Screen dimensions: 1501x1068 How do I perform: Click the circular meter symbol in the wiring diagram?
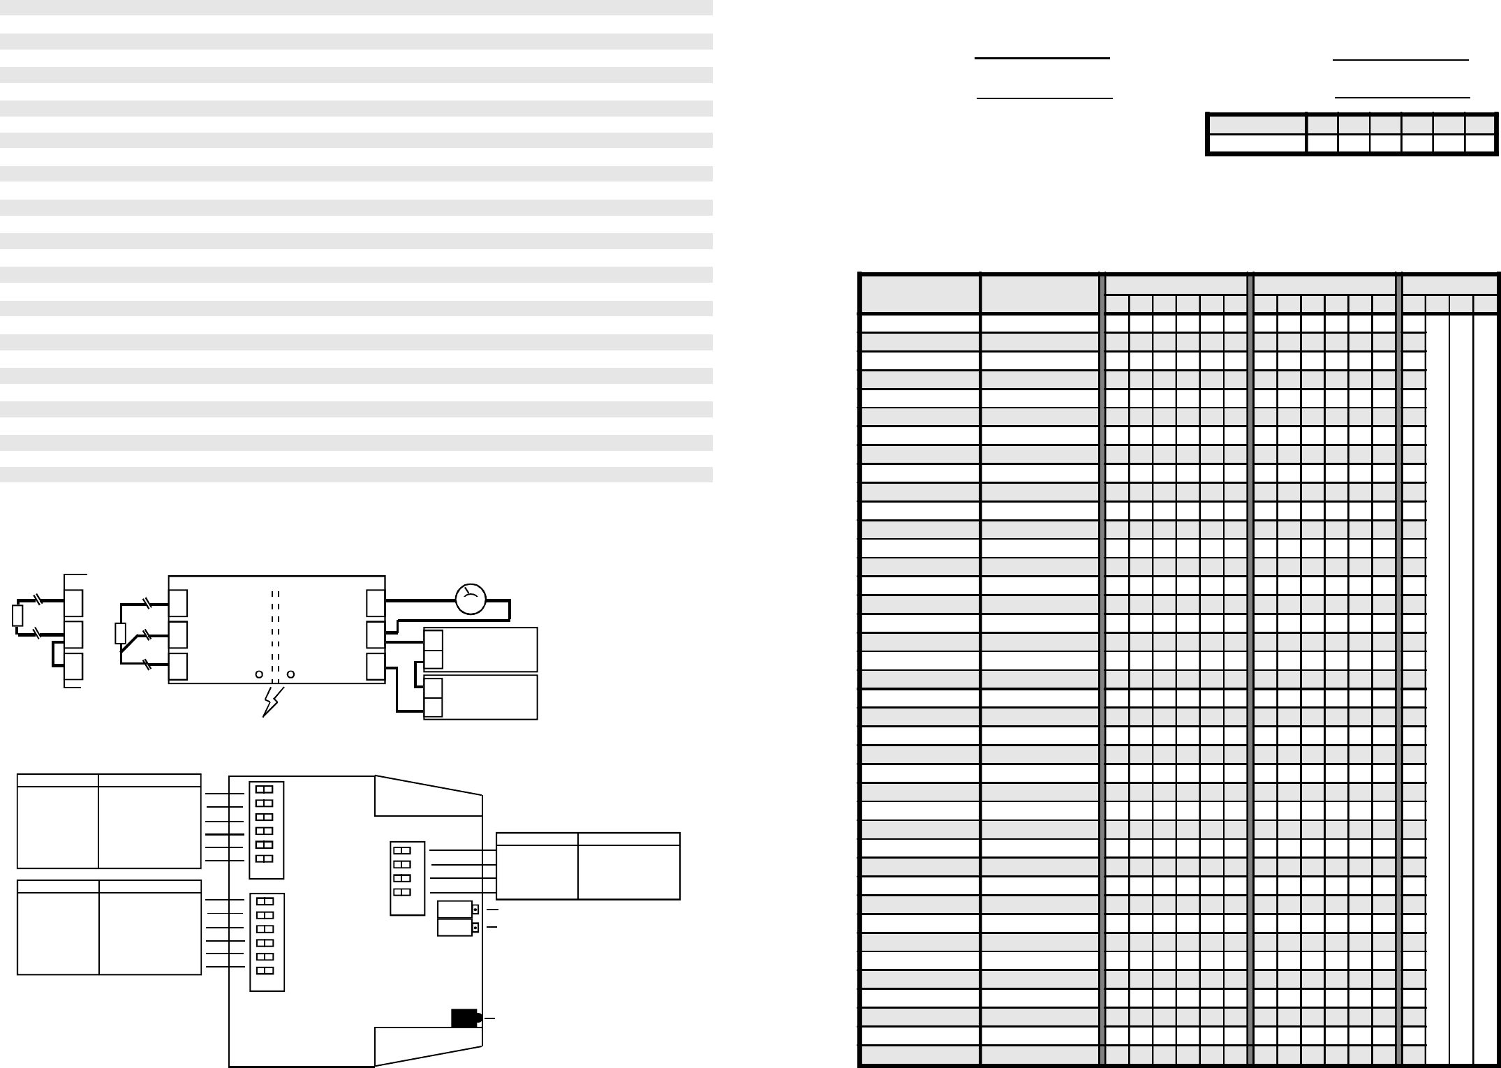click(x=471, y=600)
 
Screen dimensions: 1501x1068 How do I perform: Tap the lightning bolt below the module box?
click(x=272, y=702)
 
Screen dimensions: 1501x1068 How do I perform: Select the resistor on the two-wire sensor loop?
click(x=17, y=616)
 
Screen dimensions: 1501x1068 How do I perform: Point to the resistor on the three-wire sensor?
click(x=120, y=634)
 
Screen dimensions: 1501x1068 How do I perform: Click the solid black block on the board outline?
click(x=464, y=1018)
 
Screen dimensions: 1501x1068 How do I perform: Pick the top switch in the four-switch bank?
click(x=402, y=850)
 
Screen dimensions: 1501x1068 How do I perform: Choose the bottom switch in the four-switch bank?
click(x=402, y=892)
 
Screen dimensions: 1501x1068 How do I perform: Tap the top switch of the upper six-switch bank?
click(x=264, y=789)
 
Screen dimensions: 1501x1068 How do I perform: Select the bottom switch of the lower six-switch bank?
click(x=265, y=971)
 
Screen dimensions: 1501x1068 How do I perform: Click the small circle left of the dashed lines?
click(x=259, y=674)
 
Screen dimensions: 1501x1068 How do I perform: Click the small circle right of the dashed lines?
click(x=291, y=674)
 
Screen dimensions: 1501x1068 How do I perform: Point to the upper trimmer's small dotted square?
click(x=475, y=910)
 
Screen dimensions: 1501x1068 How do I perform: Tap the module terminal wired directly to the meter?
click(x=376, y=603)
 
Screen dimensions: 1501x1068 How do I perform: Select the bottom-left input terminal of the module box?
click(x=178, y=667)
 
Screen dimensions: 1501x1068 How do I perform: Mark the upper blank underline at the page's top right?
click(x=1400, y=61)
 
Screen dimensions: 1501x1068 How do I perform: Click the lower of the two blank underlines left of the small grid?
click(x=1044, y=98)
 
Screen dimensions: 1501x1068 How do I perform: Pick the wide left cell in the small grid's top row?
click(x=1257, y=125)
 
